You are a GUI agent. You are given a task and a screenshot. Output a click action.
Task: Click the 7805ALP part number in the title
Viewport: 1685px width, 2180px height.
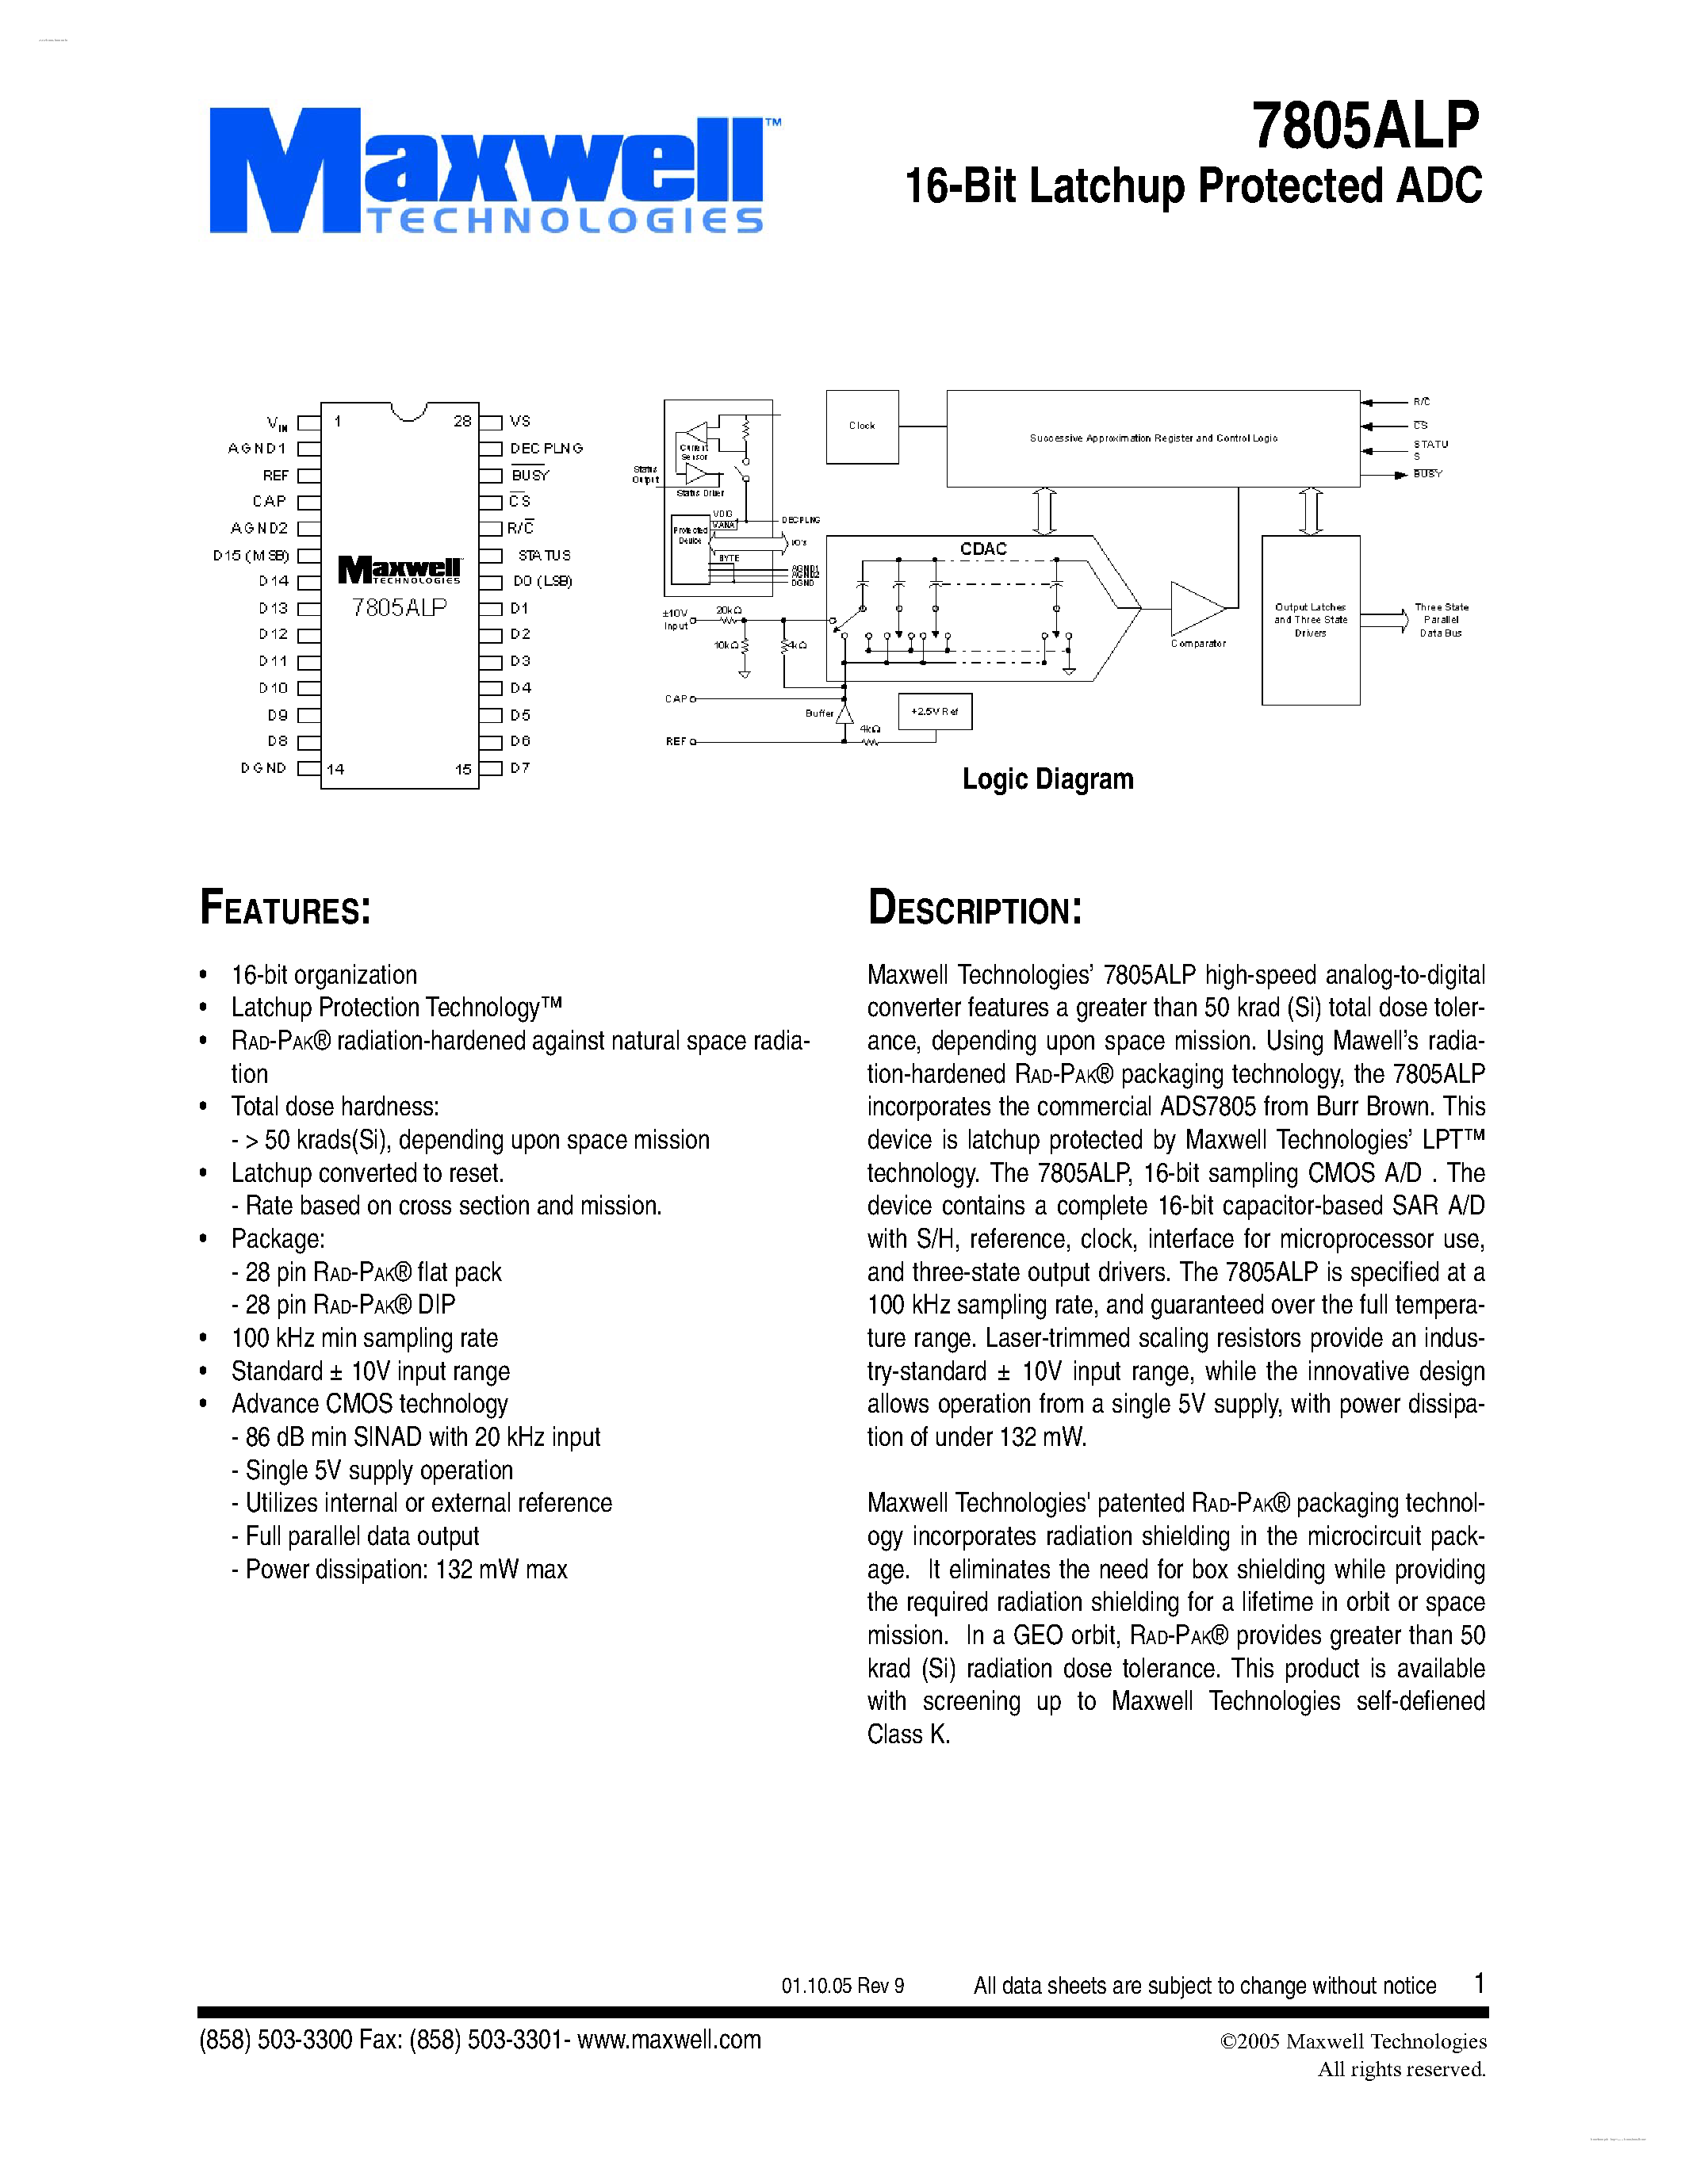point(1365,126)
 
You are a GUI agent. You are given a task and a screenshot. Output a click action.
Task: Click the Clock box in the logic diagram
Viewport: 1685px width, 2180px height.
point(861,426)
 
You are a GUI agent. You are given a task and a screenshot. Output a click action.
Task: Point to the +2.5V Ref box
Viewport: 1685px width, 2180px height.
point(934,712)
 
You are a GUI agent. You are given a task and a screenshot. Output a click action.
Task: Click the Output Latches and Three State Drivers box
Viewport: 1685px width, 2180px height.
point(1310,620)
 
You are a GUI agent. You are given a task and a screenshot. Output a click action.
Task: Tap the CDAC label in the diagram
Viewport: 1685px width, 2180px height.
point(983,549)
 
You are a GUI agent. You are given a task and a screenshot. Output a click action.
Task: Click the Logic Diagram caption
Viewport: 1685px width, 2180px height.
point(1047,778)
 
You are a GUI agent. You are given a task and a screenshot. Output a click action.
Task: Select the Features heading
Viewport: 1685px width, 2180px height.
point(285,908)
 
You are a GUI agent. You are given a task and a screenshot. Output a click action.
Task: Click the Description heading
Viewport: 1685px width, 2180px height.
point(975,908)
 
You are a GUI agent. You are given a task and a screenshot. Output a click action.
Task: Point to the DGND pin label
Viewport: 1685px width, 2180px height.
point(263,767)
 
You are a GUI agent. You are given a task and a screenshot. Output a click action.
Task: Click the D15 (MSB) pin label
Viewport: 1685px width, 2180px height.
point(251,555)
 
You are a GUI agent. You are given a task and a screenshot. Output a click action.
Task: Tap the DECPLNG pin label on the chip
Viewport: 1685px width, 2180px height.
point(546,448)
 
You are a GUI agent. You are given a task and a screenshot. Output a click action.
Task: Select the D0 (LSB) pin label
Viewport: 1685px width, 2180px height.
point(543,581)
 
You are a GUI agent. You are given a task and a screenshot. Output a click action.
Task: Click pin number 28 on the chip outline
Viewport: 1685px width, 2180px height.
point(462,421)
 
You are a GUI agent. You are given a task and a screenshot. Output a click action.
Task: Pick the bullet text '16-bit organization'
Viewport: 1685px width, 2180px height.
point(324,974)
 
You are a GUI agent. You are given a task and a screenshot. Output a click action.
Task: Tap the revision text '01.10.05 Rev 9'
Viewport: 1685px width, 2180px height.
point(842,1985)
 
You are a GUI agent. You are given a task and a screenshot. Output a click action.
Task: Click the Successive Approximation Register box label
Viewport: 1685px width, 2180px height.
point(1153,438)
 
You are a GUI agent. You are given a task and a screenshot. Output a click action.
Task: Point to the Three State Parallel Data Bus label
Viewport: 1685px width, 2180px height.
point(1441,620)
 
